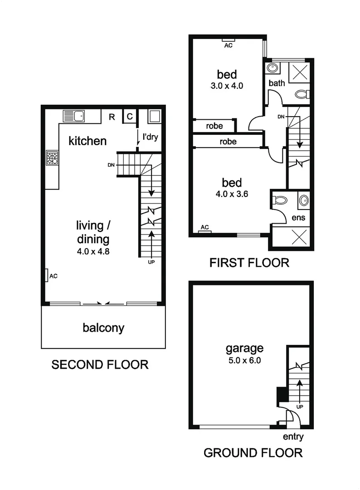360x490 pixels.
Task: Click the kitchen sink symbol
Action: pos(74,116)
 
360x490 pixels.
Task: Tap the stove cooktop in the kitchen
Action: pos(52,158)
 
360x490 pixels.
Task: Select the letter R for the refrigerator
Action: pos(112,117)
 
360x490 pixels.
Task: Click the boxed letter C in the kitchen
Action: pos(129,117)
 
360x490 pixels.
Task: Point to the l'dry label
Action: pos(150,137)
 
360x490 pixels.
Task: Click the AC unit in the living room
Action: pos(47,275)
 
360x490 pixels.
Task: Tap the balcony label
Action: pos(103,328)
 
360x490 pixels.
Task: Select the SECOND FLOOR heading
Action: pos(100,364)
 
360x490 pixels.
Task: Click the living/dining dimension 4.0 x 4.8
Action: pos(93,250)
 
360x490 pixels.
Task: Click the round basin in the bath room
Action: pos(272,68)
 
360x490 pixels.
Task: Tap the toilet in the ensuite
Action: pos(279,200)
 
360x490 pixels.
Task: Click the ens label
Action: pos(299,218)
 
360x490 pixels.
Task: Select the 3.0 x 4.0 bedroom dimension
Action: pos(228,86)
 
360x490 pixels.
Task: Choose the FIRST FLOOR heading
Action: pos(249,262)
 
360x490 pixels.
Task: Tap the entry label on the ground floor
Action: pos(293,437)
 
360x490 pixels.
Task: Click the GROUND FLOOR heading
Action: pos(253,452)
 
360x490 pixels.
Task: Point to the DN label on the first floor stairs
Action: pos(281,117)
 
